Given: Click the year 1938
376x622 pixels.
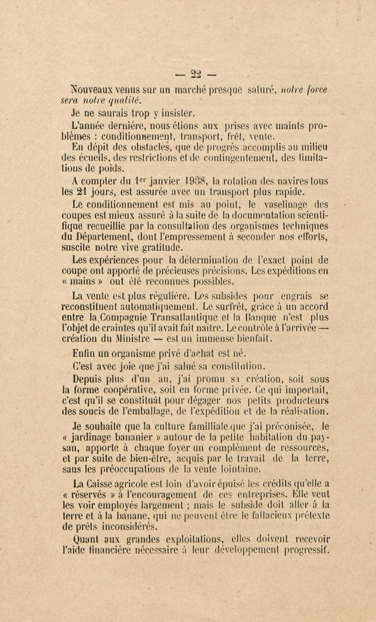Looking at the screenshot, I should pos(196,181).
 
